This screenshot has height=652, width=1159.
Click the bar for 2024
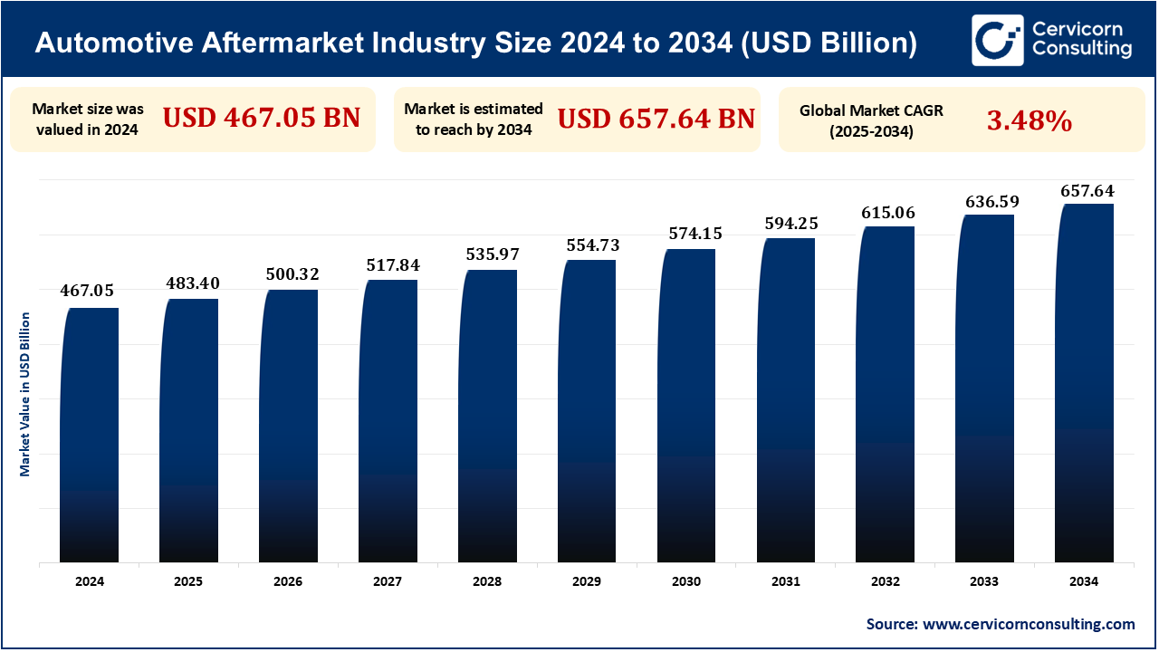point(90,435)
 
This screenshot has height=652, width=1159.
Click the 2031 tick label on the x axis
point(787,582)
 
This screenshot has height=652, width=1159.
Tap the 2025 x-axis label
point(189,582)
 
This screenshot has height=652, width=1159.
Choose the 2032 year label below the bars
point(886,582)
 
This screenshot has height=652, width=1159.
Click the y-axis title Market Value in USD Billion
point(25,394)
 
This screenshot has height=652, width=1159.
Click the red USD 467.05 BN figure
point(262,118)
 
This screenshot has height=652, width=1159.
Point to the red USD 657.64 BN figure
point(656,118)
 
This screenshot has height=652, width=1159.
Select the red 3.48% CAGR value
point(1030,120)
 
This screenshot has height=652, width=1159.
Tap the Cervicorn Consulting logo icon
point(998,40)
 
